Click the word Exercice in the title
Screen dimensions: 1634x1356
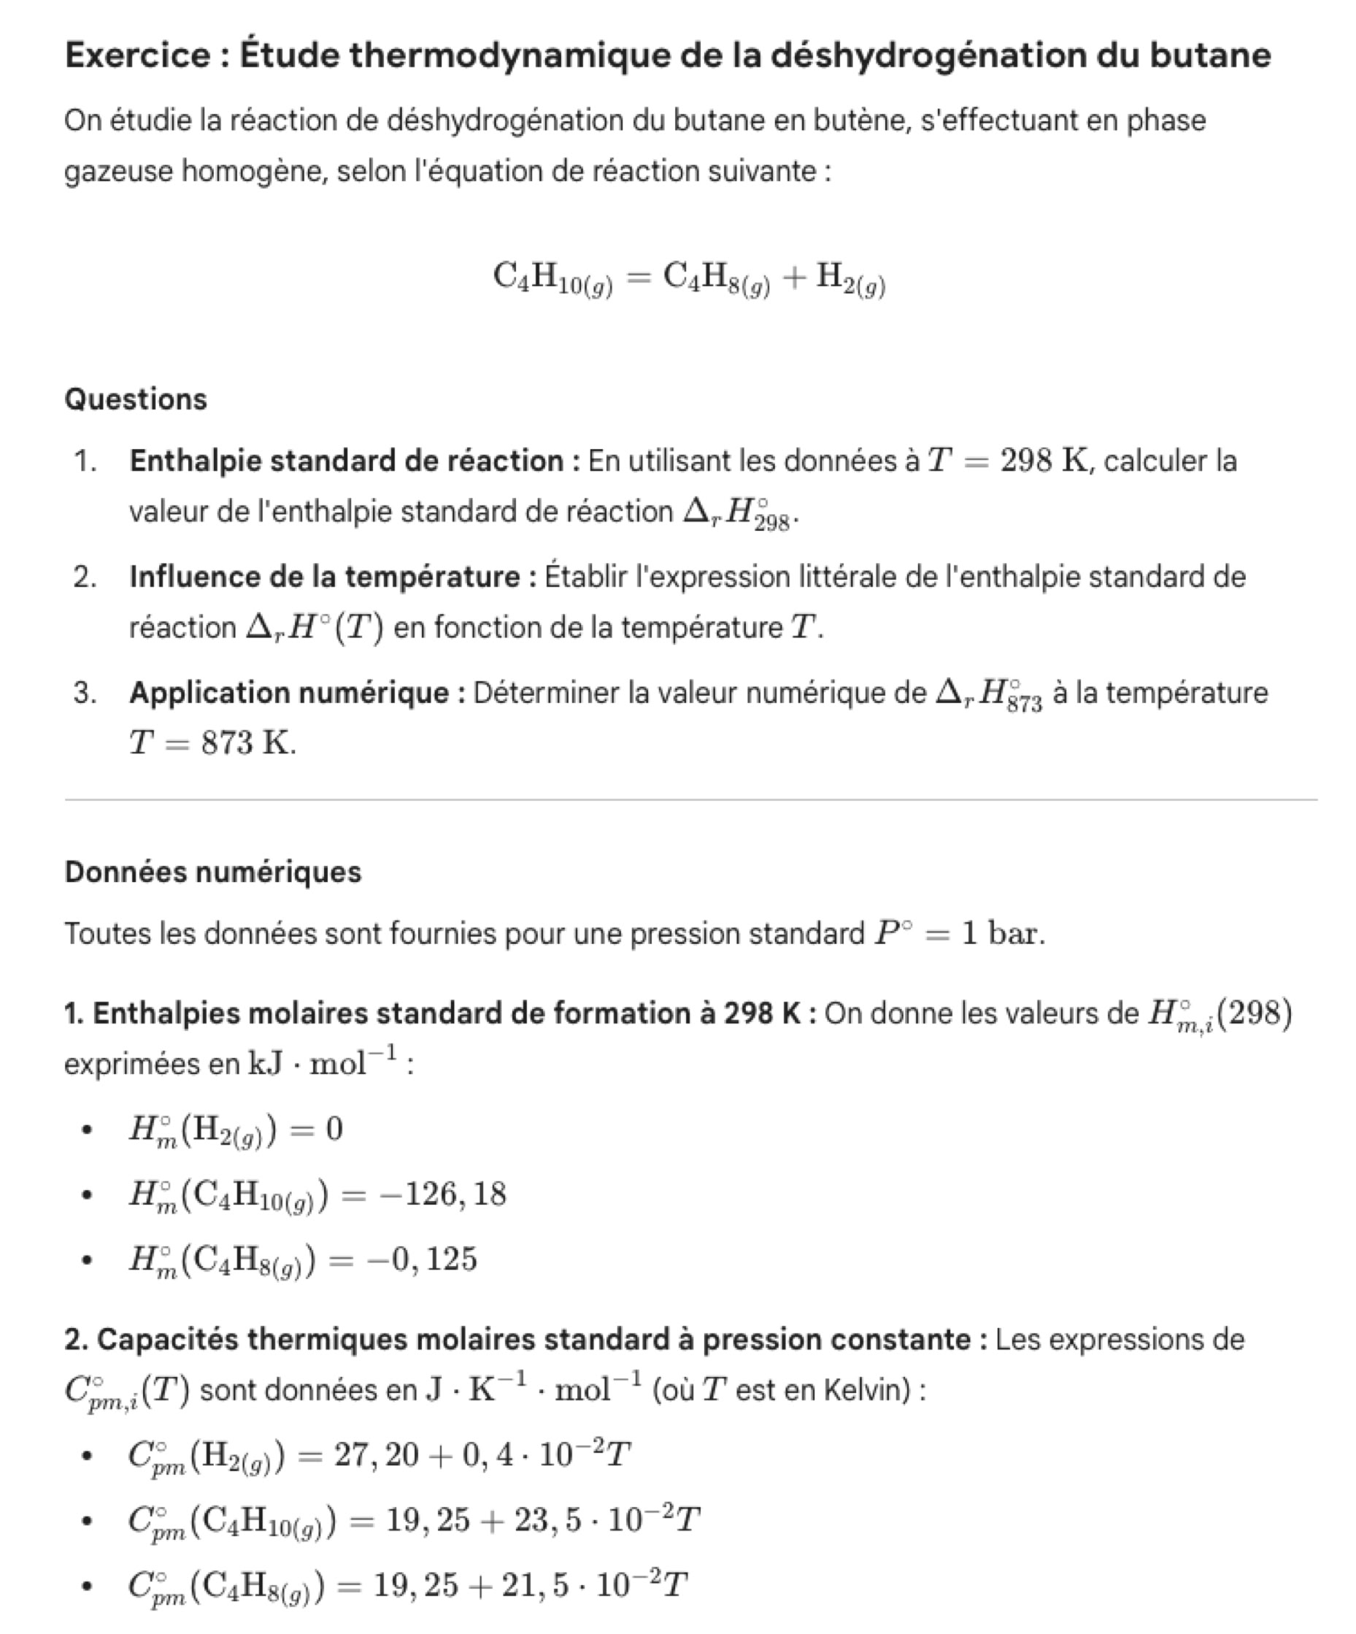pos(137,55)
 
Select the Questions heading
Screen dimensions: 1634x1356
pos(136,399)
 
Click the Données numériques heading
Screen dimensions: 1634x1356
pos(213,872)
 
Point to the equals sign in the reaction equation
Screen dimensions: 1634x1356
pos(638,276)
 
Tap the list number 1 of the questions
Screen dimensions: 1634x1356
pos(84,461)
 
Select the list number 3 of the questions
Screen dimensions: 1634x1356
pos(84,692)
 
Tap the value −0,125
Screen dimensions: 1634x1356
pos(427,1259)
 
